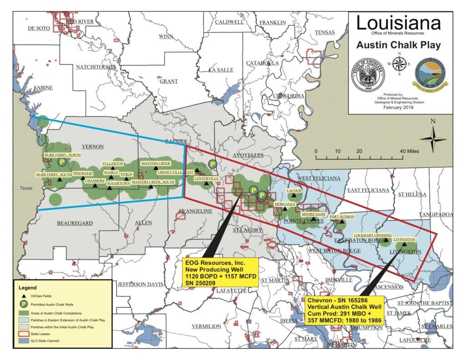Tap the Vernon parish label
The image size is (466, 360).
[92, 147]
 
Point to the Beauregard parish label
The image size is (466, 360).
[75, 223]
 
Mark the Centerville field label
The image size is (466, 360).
[206, 178]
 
